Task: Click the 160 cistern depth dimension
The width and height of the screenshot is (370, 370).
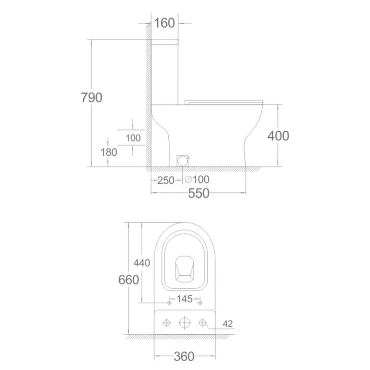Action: [x=164, y=23]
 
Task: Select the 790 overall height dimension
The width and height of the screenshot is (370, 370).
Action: [x=92, y=98]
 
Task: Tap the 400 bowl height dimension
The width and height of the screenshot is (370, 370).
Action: [x=278, y=136]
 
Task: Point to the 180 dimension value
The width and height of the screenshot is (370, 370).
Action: [x=109, y=153]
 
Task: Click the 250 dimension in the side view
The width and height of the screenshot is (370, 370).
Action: [x=166, y=180]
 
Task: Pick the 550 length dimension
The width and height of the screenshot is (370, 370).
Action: [x=199, y=193]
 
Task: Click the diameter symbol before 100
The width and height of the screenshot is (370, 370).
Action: [x=188, y=179]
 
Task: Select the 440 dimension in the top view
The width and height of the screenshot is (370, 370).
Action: [x=142, y=263]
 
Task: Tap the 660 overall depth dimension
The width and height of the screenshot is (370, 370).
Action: [x=129, y=280]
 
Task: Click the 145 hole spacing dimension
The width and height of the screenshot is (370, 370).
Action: [x=185, y=299]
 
